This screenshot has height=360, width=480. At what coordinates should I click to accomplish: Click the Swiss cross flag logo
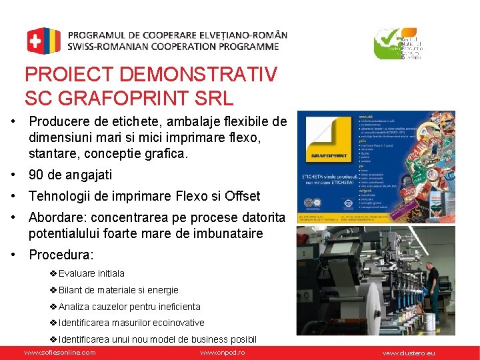(x=43, y=41)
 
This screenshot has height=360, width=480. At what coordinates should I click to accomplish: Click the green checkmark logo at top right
(x=388, y=44)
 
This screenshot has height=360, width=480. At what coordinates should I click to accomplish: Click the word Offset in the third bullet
(x=241, y=196)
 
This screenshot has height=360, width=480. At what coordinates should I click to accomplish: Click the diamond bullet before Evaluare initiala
(x=53, y=273)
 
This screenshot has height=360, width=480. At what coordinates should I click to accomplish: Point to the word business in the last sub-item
(x=210, y=339)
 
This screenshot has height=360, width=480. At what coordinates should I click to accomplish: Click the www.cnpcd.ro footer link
(x=222, y=352)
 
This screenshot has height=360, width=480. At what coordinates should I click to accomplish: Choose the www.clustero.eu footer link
(x=408, y=352)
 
